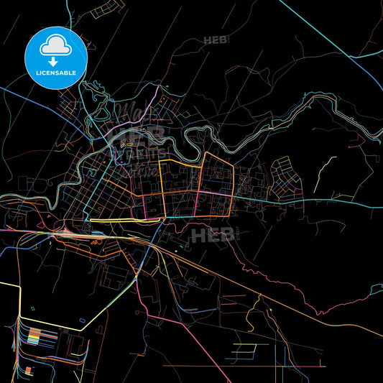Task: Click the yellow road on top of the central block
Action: [180, 162]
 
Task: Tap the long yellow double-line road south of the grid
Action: [115, 218]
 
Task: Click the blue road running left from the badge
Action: [14, 90]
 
